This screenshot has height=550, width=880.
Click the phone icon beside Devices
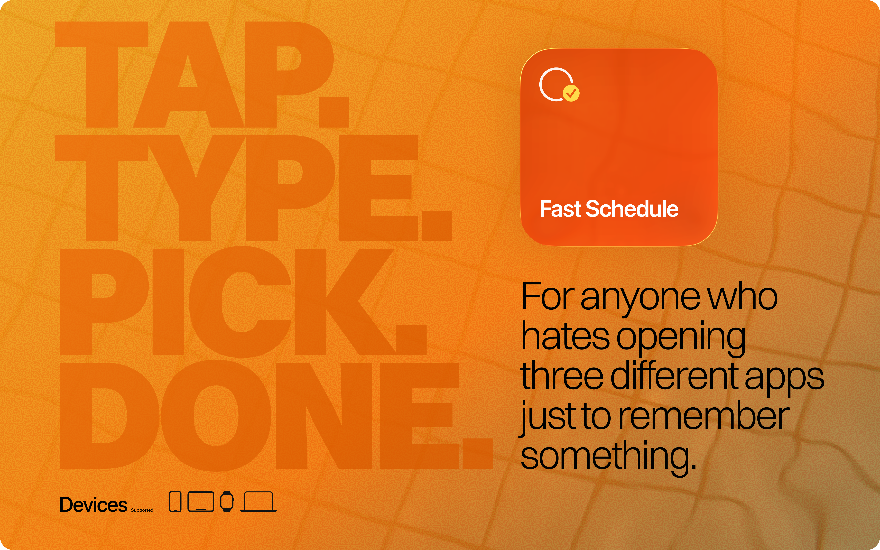tap(175, 502)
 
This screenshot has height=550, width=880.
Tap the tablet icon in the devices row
tap(201, 502)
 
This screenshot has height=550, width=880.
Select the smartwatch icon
tap(227, 502)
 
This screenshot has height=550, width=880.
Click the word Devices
tap(94, 505)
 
